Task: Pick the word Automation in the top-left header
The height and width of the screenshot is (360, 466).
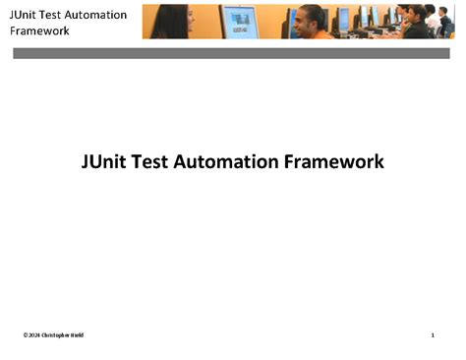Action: click(x=102, y=15)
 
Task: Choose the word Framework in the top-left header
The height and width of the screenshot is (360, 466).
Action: click(x=39, y=30)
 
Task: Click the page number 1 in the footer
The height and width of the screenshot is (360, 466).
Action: click(x=433, y=335)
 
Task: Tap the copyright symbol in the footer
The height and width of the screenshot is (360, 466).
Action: click(x=26, y=335)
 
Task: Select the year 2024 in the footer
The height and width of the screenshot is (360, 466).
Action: click(x=34, y=335)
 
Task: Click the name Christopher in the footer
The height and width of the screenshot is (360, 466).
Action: click(x=57, y=335)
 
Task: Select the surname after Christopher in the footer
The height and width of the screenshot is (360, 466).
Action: click(x=78, y=335)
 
